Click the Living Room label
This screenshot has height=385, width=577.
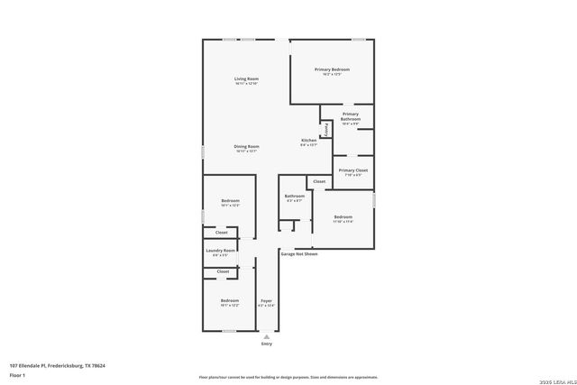point(247,79)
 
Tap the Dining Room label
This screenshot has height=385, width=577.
point(247,146)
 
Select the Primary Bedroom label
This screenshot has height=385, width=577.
point(332,69)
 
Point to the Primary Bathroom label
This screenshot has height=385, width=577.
point(350,117)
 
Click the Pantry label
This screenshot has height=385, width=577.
point(325,130)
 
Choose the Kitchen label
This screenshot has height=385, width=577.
point(308,141)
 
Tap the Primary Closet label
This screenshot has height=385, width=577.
point(353,170)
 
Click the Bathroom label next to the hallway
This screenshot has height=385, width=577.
point(294,196)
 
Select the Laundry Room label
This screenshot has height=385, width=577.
point(221,250)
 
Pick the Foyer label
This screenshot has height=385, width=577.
point(266,300)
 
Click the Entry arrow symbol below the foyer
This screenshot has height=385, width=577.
point(266,336)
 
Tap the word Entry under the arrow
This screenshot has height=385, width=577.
point(266,344)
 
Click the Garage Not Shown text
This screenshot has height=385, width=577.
point(298,254)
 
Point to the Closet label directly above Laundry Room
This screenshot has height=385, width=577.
point(222,233)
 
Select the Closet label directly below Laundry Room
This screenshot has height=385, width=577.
point(222,270)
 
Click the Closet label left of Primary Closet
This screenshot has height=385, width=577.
point(318,182)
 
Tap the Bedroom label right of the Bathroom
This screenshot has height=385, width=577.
point(343,216)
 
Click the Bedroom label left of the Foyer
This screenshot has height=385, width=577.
point(230,300)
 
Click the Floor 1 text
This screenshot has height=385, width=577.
point(17,374)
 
